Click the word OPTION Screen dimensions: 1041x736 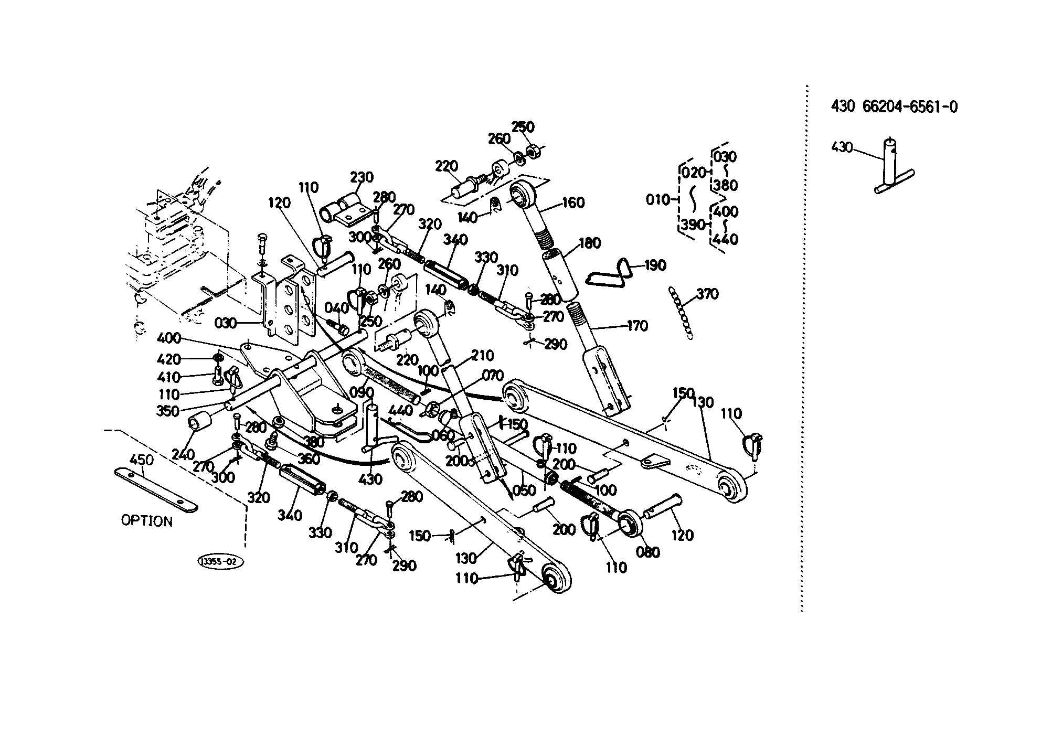click(147, 521)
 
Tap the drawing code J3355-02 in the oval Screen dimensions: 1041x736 click(220, 562)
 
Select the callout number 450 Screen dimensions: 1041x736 click(142, 460)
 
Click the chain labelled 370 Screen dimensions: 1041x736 click(679, 313)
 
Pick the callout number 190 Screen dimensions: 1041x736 click(654, 265)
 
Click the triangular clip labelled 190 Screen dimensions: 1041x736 click(609, 273)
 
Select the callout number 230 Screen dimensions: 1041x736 click(362, 177)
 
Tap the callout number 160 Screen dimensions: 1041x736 click(573, 202)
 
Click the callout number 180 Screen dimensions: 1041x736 click(589, 243)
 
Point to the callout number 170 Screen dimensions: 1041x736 click(637, 326)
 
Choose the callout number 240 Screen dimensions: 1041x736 click(183, 454)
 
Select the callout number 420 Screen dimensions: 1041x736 click(168, 359)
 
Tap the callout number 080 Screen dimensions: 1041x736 click(647, 552)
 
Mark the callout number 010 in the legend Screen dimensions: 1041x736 click(658, 200)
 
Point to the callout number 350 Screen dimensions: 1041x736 click(168, 411)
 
